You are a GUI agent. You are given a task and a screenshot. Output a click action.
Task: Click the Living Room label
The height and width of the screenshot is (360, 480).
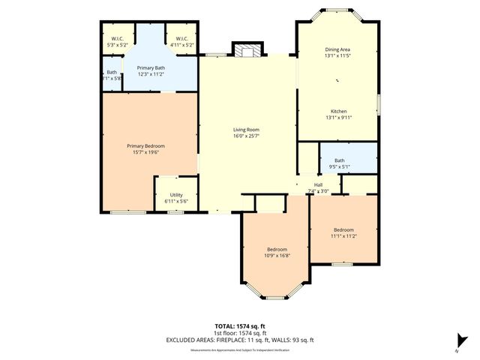click(x=246, y=130)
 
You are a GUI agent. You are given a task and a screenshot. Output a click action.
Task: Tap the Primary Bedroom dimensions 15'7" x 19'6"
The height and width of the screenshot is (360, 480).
click(x=145, y=152)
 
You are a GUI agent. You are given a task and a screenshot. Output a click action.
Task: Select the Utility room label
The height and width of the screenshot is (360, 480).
click(x=176, y=195)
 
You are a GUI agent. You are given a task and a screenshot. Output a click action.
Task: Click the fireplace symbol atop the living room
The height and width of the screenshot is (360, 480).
click(x=247, y=51)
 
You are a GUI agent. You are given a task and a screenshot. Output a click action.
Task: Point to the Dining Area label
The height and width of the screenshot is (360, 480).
click(x=337, y=49)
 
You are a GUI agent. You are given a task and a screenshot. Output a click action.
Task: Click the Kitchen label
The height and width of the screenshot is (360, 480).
click(x=339, y=111)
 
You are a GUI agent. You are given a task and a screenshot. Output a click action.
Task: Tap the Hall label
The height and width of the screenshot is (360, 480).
click(x=318, y=184)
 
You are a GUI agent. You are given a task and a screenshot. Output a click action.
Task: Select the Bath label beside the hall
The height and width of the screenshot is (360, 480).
click(x=339, y=160)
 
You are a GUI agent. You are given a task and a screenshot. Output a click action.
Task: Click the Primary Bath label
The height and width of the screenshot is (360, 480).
click(x=151, y=67)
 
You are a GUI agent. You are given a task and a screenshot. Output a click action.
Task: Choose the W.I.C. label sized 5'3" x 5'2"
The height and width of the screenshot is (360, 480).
click(x=118, y=39)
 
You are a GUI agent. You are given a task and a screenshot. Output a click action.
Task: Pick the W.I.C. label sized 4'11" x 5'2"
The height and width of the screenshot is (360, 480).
click(x=181, y=39)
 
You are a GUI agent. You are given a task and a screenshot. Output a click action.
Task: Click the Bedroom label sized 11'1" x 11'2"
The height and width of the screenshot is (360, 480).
click(x=343, y=229)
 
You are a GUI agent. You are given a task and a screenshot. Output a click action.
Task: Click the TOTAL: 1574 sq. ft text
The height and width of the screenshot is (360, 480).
click(x=240, y=327)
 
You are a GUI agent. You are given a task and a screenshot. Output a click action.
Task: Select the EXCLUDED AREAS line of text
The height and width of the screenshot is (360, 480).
click(x=240, y=340)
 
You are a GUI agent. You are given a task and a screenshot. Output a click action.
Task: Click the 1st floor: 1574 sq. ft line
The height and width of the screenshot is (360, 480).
click(x=240, y=333)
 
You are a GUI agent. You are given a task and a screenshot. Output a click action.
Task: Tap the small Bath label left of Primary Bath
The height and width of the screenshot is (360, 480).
click(x=109, y=73)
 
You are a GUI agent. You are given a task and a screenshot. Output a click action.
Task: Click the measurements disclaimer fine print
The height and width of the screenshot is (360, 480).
click(x=240, y=349)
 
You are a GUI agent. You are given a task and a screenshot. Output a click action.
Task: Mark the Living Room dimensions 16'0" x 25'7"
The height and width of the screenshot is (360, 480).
click(x=246, y=136)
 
